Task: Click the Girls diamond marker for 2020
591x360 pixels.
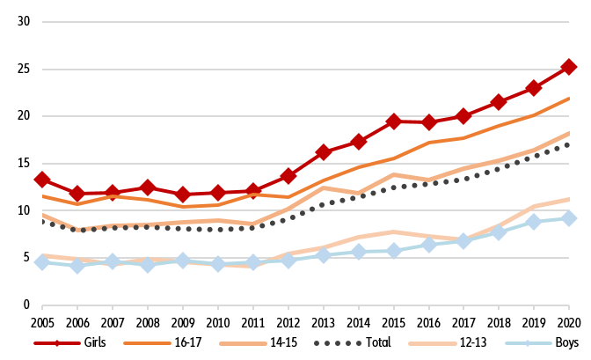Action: (569, 66)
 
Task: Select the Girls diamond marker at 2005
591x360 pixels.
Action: (42, 180)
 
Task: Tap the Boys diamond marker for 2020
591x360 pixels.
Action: (569, 217)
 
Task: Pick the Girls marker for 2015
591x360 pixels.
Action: (393, 121)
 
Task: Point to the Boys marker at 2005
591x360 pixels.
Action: (42, 261)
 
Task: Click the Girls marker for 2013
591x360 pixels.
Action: (323, 152)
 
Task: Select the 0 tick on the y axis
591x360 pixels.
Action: (27, 305)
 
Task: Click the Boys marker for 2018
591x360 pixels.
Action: (499, 232)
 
